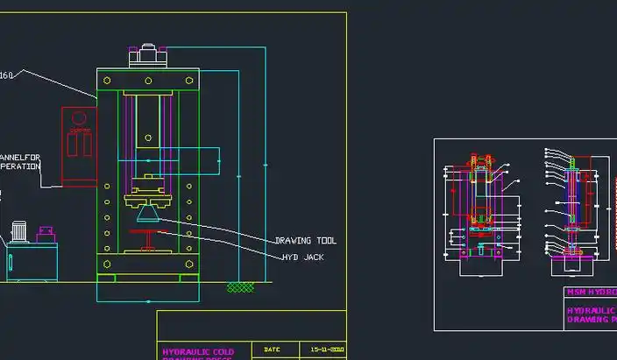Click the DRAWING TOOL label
pos(305,241)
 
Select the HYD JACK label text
pos(302,258)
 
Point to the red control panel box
pos(79,145)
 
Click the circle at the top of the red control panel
pos(79,117)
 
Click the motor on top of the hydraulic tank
pos(18,233)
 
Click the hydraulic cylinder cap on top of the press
pos(147,56)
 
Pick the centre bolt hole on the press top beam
pos(147,80)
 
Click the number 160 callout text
pos(5,75)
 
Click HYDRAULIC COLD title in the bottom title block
pos(199,352)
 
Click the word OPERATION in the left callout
pos(19,166)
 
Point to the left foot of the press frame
pos(106,278)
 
